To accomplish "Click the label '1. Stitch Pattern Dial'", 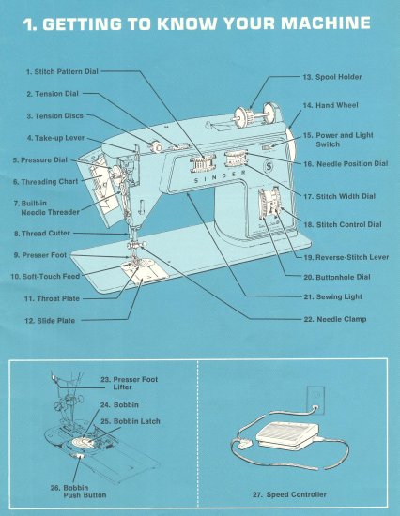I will tap(60, 71).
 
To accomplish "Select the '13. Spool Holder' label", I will tap(331, 76).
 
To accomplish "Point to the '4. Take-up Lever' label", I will tap(55, 138).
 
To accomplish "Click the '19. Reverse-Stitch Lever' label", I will tap(346, 257).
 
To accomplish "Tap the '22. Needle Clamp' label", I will tap(334, 319).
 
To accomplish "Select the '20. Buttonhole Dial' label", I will tap(335, 278).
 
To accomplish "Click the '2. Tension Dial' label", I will tap(53, 94).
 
